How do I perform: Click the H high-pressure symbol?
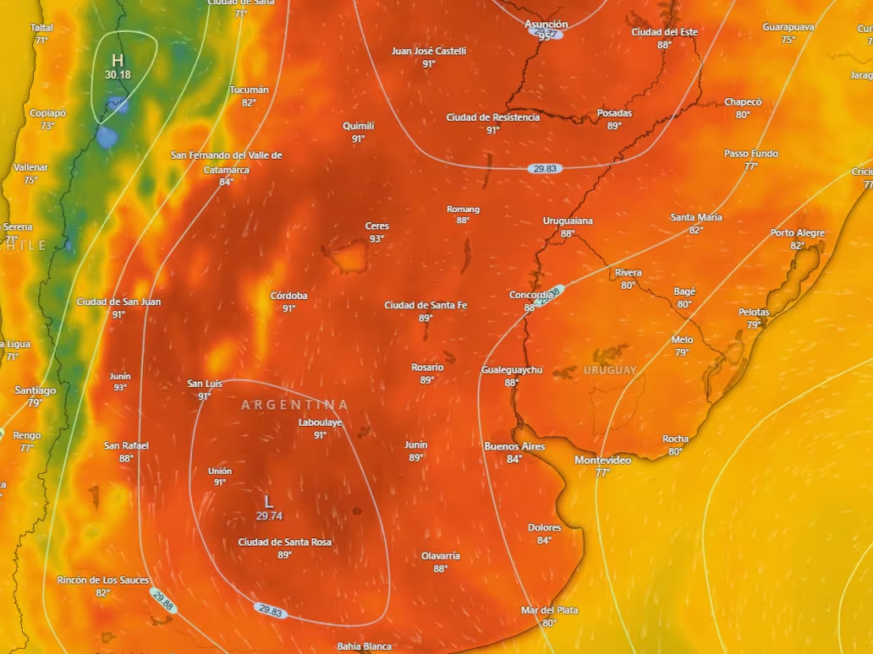point(118,60)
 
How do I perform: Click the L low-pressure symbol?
point(269,502)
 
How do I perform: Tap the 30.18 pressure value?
point(118,75)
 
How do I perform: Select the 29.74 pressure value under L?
point(269,515)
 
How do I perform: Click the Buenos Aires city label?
point(514,446)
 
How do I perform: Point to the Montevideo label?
point(602,460)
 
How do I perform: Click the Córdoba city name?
point(288,296)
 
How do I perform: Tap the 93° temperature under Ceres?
point(376,239)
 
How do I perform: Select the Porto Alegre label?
point(797,233)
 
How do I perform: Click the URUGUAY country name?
point(610,371)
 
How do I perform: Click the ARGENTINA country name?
point(294,405)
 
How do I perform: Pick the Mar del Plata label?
point(550,610)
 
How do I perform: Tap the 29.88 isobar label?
point(163,601)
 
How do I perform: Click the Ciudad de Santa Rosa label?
point(284,542)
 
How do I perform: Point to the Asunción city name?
point(546,25)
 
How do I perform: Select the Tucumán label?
point(249,90)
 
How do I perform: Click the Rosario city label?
point(427,368)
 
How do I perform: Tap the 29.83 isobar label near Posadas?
point(546,168)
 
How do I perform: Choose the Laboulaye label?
point(320,422)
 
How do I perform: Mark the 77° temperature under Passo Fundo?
point(750,166)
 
